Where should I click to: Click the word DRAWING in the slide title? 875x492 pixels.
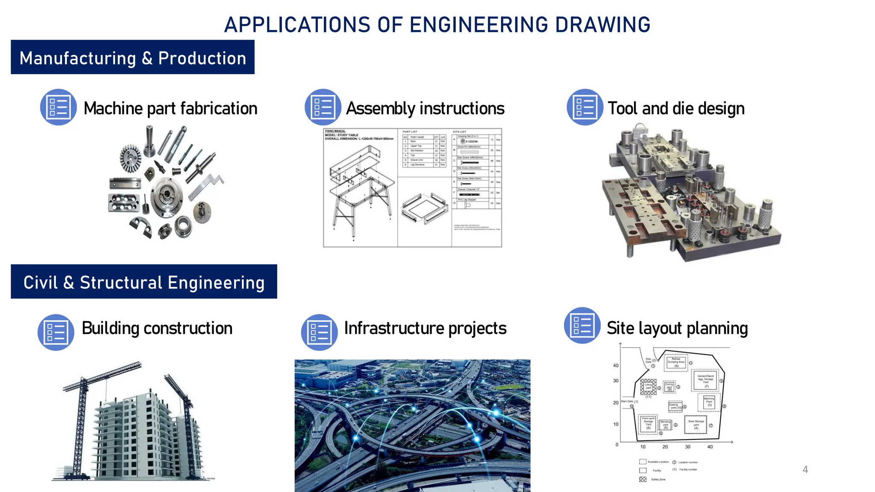[602, 25]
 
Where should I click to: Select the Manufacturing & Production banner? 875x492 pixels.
[132, 57]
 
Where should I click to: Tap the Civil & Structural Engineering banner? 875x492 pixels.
[144, 282]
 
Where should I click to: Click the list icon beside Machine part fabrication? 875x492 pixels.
[59, 107]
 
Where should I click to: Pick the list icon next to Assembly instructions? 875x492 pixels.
[323, 107]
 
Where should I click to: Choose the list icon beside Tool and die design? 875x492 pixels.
[585, 107]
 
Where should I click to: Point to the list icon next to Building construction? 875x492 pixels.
[56, 332]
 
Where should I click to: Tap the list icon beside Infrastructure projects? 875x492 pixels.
[320, 332]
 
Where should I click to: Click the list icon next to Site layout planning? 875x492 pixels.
[582, 325]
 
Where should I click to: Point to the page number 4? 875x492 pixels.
[805, 470]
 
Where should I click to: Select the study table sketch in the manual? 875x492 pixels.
[360, 188]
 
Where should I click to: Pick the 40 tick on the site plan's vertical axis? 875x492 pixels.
[616, 366]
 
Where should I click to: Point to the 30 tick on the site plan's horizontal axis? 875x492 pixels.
[687, 447]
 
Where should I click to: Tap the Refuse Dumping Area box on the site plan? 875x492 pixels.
[676, 362]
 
